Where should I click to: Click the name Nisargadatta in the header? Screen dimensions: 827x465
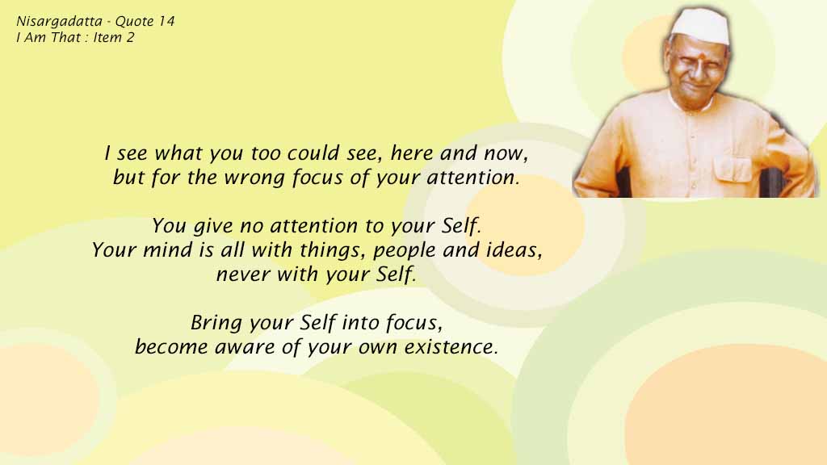59,22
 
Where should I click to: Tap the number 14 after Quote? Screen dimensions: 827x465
166,21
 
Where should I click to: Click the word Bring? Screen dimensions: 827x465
215,323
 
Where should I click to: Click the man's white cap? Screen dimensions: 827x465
699,27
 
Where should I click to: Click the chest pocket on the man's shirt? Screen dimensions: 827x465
733,170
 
